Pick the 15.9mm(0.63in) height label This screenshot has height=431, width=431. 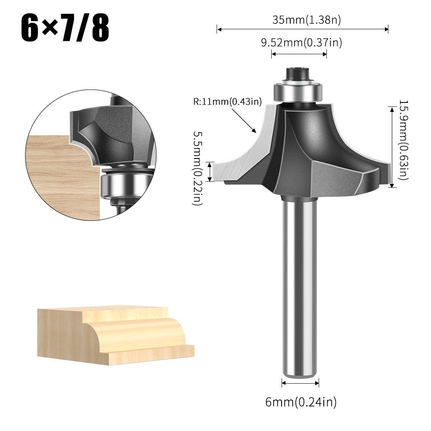(403, 140)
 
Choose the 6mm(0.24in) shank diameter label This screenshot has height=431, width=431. (301, 402)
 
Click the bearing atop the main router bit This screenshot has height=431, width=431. (298, 92)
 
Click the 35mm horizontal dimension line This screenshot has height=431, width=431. (303, 29)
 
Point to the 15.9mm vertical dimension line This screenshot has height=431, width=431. (392, 147)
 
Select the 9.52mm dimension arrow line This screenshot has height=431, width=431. (299, 54)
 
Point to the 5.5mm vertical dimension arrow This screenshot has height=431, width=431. (210, 172)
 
